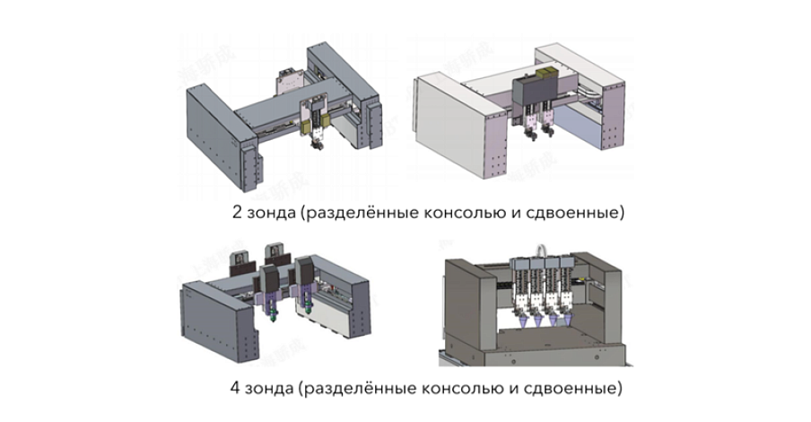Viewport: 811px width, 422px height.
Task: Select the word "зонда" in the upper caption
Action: (267, 215)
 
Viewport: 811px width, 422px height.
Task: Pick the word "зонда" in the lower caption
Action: (267, 390)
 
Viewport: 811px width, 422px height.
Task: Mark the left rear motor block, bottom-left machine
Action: (240, 263)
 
